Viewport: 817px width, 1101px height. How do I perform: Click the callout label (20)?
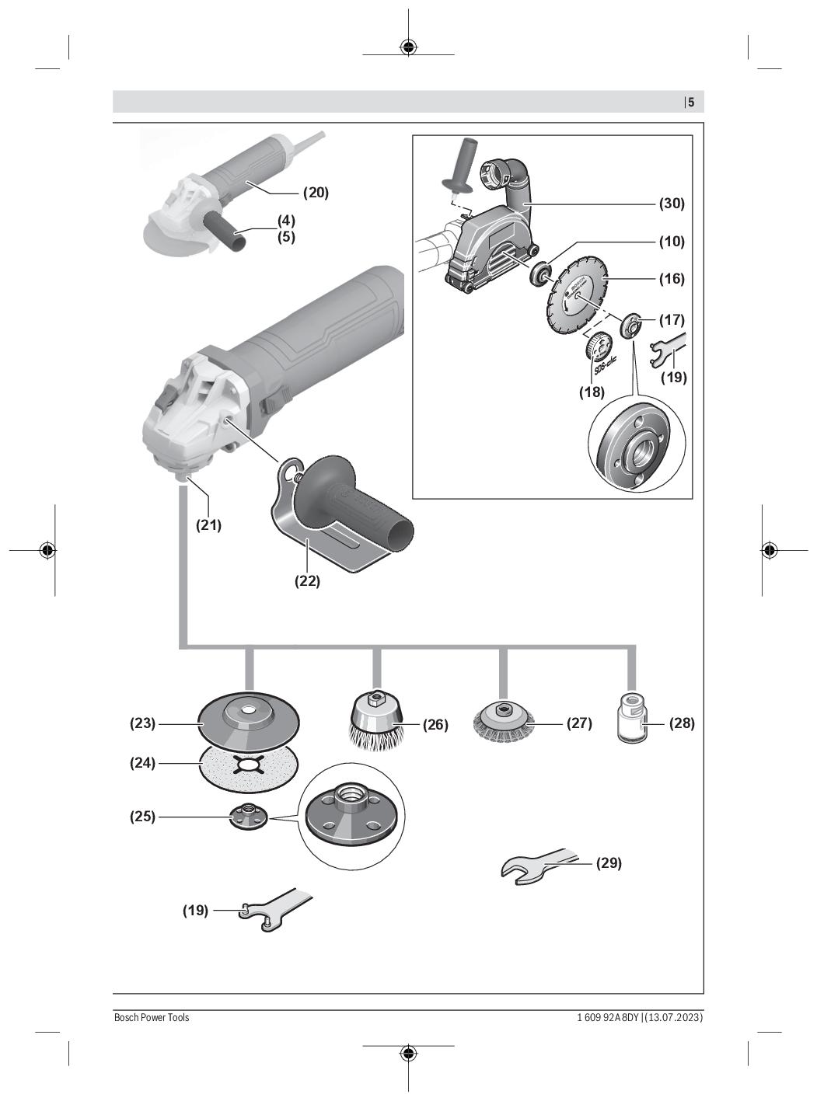pyautogui.click(x=316, y=193)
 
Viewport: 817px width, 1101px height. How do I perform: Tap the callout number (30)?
pyautogui.click(x=672, y=204)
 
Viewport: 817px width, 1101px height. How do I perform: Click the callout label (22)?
pyautogui.click(x=307, y=580)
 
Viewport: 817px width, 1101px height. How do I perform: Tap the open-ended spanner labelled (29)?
pyautogui.click(x=539, y=866)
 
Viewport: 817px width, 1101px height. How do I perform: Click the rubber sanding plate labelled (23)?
pyautogui.click(x=248, y=723)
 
